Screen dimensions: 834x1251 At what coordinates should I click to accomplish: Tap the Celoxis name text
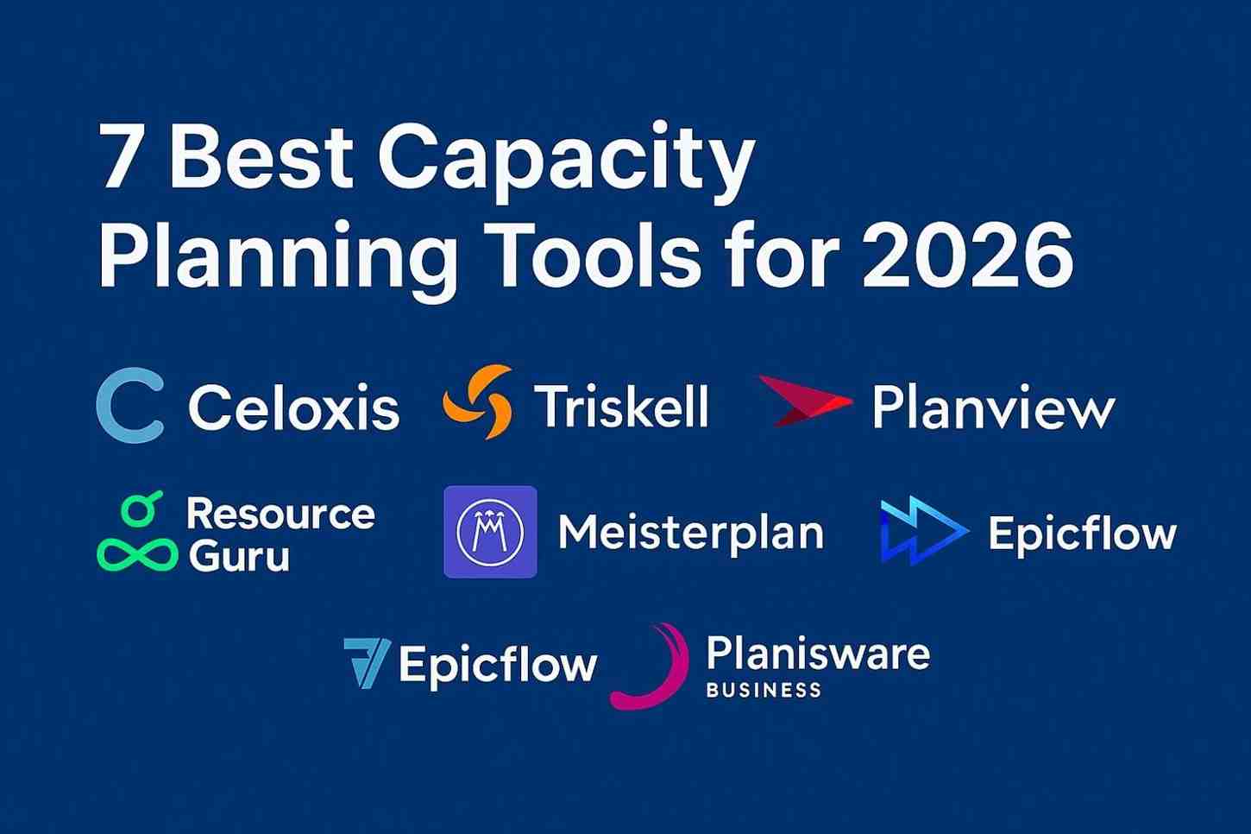[x=294, y=408]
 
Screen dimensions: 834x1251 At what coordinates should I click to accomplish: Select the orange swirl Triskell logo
[x=477, y=402]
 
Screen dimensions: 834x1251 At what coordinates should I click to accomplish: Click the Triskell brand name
[x=621, y=406]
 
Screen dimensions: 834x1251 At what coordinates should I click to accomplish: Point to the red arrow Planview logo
[x=804, y=401]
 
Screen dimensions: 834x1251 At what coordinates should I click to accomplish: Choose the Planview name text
[x=993, y=408]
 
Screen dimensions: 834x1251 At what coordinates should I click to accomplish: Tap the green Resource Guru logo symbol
[x=137, y=533]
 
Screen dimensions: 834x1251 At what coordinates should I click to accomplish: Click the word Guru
[x=239, y=556]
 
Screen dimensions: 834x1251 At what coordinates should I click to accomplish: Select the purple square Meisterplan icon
[x=490, y=532]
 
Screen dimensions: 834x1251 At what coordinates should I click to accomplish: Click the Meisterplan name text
[x=691, y=533]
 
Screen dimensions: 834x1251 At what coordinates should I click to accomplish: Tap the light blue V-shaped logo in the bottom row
[x=367, y=663]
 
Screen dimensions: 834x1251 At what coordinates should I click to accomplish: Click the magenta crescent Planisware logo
[x=652, y=667]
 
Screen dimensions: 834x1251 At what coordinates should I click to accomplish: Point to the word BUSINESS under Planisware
[x=764, y=690]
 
